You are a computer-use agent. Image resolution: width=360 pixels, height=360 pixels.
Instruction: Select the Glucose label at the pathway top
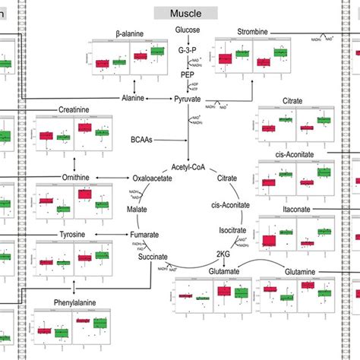click(x=188, y=30)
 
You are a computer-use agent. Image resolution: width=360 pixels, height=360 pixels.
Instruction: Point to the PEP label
click(x=188, y=75)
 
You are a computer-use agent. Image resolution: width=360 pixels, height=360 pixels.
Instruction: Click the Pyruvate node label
click(x=188, y=99)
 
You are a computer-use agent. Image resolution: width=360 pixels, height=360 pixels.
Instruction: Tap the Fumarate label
click(x=143, y=235)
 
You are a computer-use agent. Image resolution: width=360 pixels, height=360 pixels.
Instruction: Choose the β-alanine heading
click(x=131, y=33)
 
